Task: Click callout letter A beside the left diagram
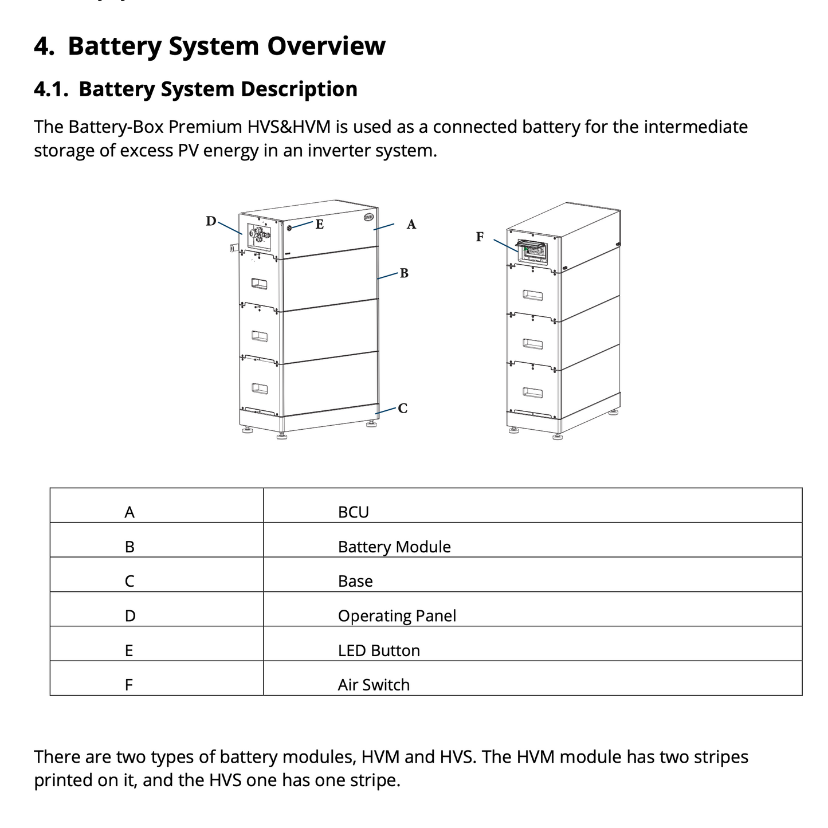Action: tap(411, 225)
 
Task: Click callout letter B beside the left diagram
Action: tap(404, 273)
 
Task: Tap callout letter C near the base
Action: tap(402, 409)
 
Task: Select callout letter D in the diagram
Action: tap(211, 221)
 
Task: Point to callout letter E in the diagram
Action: tap(319, 225)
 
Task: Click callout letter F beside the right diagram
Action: tap(480, 237)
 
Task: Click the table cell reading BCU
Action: tap(353, 512)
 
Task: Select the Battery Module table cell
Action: tap(394, 547)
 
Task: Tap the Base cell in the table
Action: tap(355, 581)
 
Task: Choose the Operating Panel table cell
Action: tap(397, 615)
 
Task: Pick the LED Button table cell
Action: tap(379, 650)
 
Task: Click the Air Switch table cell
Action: tap(374, 685)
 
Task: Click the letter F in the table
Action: tap(129, 685)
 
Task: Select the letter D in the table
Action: tap(130, 616)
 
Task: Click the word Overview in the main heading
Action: tap(326, 46)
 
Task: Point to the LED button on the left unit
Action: tap(289, 228)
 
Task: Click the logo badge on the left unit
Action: tap(368, 217)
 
